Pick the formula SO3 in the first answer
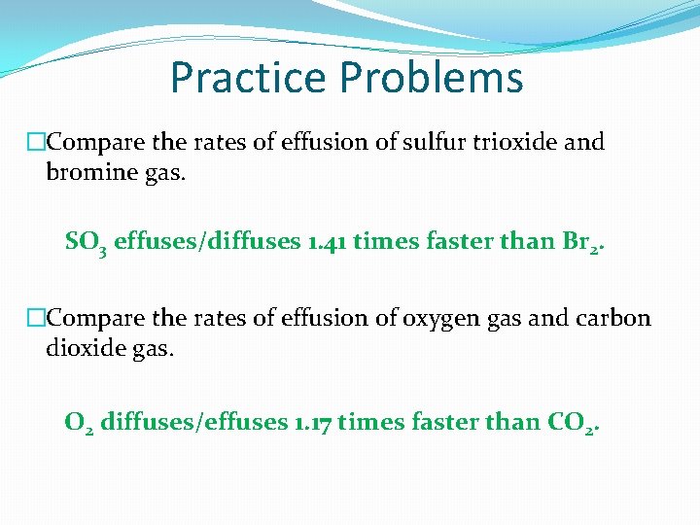tap(86, 242)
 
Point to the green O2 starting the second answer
tap(79, 423)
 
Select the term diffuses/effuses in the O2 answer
tap(193, 422)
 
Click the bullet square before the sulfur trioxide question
tap(37, 143)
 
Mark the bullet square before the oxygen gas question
tap(37, 319)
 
